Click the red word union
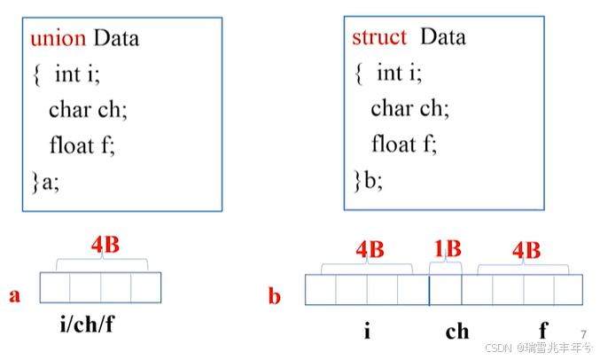(x=58, y=40)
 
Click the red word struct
(x=379, y=37)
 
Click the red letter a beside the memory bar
(x=15, y=295)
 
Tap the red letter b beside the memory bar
(x=275, y=295)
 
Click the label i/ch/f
(x=86, y=325)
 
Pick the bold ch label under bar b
(x=457, y=332)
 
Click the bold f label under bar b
(x=543, y=331)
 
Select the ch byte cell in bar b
(x=445, y=290)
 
